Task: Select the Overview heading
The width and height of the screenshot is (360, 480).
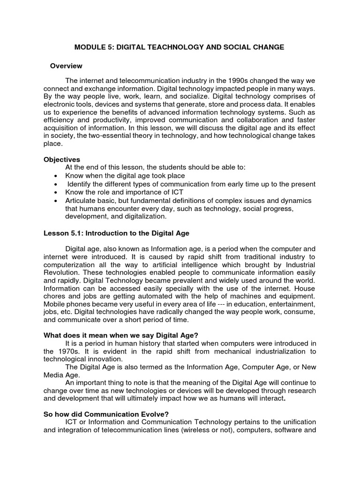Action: (x=66, y=66)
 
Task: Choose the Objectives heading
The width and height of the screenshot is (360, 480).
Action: (x=61, y=160)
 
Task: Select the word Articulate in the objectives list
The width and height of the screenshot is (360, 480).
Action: (x=82, y=201)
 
